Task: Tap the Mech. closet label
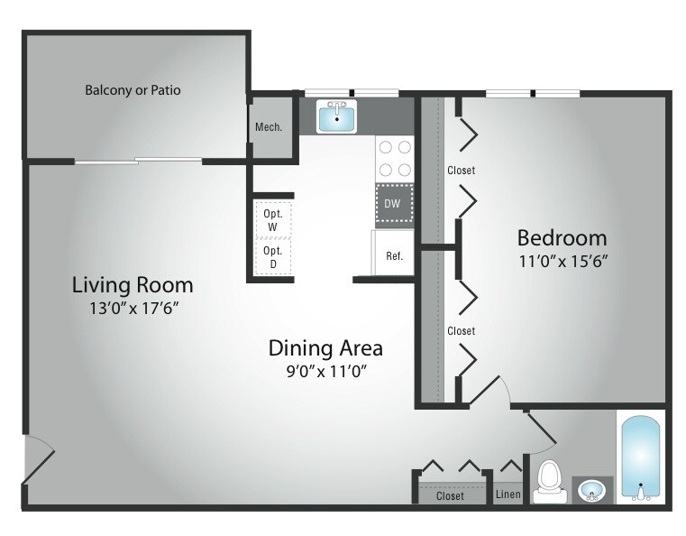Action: point(269,127)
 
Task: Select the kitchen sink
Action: point(337,116)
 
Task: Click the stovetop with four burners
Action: point(394,158)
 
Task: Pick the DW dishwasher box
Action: point(393,203)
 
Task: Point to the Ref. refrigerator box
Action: point(394,255)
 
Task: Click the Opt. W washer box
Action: point(272,220)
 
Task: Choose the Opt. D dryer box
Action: point(272,256)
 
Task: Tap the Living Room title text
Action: point(133,285)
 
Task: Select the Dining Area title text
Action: point(326,347)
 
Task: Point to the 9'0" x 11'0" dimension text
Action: point(326,370)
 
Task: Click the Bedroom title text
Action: point(562,238)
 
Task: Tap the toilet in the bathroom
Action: point(548,483)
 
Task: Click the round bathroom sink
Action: point(591,491)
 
